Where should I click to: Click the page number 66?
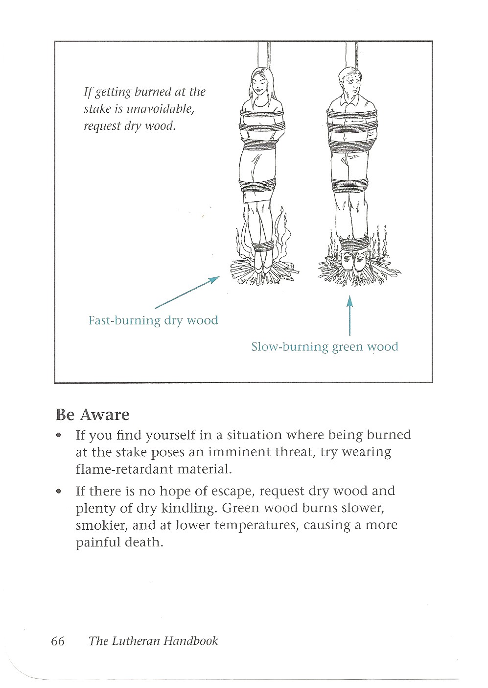pos(57,641)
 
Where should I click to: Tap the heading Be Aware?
pos(92,415)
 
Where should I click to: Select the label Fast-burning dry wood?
pos(153,320)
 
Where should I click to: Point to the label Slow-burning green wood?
pos(325,347)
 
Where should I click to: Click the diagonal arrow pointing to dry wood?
pos(186,293)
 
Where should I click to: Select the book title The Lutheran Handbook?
pos(153,641)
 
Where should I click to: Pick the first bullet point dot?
pos(59,435)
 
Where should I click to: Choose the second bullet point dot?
pos(59,491)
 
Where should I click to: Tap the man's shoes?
pos(353,262)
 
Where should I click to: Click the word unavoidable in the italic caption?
pos(160,109)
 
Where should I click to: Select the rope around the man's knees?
pos(349,184)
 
